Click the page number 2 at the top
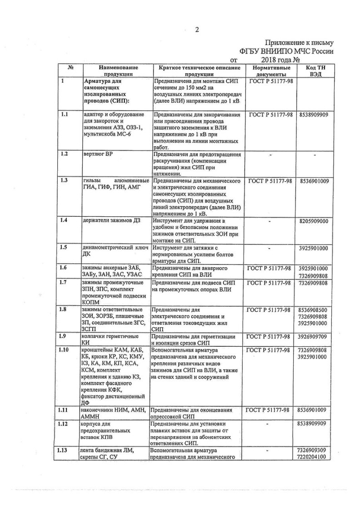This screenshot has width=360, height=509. coord(197,30)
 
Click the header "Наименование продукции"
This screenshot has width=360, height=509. coord(117,70)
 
